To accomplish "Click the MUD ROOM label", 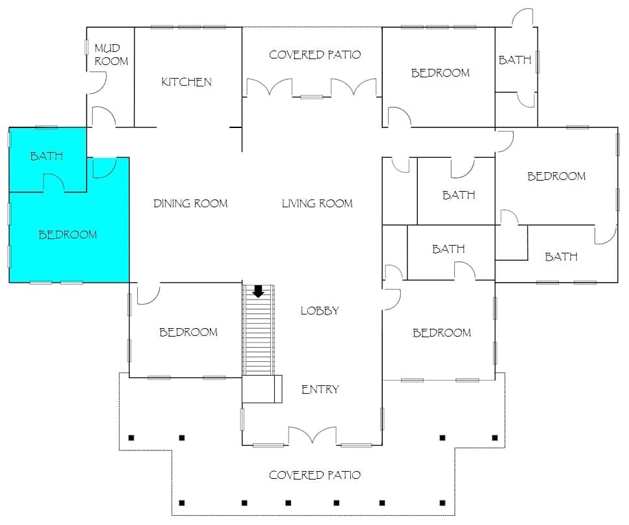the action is (x=111, y=55).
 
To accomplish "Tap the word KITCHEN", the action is (x=186, y=82).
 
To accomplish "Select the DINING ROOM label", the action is (x=190, y=203).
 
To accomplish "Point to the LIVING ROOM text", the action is (x=317, y=203).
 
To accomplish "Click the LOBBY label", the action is (x=320, y=311).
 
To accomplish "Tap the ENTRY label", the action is (x=320, y=389).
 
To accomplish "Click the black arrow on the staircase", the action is (x=259, y=291).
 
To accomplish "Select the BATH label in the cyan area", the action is (x=47, y=155).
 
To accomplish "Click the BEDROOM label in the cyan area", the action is (x=68, y=234).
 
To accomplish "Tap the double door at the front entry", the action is (x=312, y=435).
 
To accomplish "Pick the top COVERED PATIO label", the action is (x=314, y=55).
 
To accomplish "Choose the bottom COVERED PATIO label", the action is (x=314, y=475).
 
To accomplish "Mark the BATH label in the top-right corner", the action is (x=515, y=60).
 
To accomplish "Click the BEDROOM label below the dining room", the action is (x=188, y=332).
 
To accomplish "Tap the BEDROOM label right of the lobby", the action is (x=442, y=333).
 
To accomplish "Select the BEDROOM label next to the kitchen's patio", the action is (x=440, y=73).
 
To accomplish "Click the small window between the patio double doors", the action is (x=312, y=97).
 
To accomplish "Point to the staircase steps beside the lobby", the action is (x=259, y=329).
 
